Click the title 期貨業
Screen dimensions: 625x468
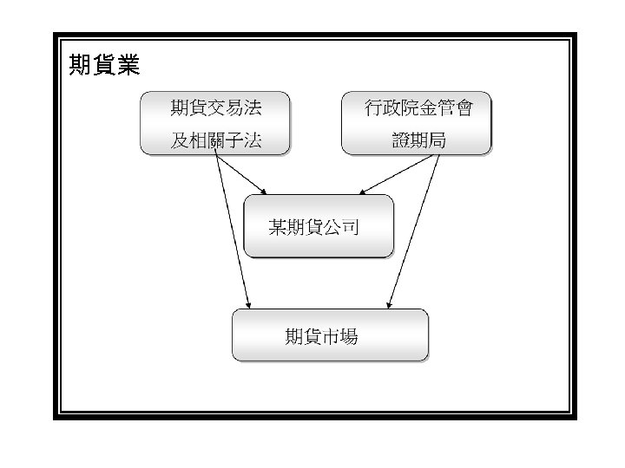[x=103, y=65]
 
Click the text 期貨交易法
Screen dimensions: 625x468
[x=216, y=108]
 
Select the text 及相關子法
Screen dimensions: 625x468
[x=216, y=141]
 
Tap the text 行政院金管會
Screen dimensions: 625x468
[x=418, y=108]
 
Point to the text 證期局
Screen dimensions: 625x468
[x=418, y=141]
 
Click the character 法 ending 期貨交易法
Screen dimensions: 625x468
[x=253, y=108]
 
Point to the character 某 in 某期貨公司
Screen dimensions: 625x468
[x=278, y=227]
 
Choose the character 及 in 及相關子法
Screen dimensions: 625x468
[x=180, y=141]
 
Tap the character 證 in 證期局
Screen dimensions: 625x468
[x=400, y=141]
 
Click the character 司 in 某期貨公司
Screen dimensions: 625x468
[x=351, y=227]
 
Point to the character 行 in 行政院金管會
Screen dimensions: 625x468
[x=373, y=108]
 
